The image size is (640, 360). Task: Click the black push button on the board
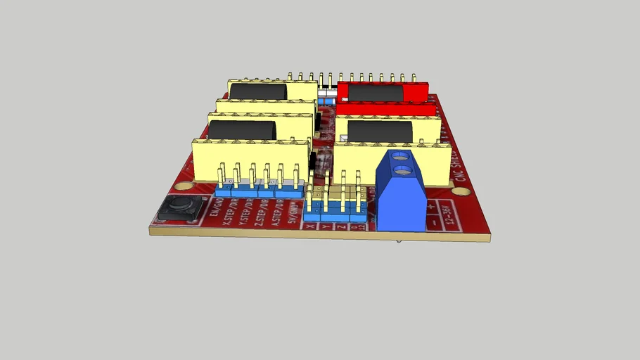coord(178,208)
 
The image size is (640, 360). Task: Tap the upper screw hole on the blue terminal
coord(401,155)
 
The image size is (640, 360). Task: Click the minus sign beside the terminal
coord(434,221)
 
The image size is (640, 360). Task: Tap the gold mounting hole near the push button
coord(184,187)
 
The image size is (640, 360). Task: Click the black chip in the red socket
coord(375,93)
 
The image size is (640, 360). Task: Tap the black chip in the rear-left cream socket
coord(257,91)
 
